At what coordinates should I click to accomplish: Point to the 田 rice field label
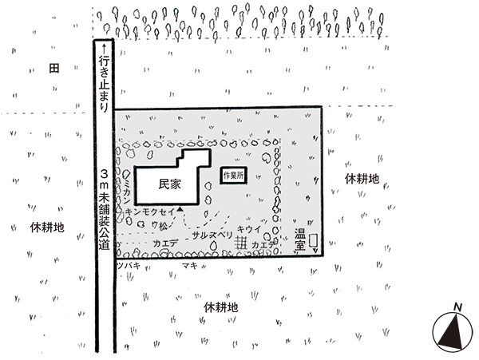point(53,68)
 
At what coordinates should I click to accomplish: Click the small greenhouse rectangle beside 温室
point(314,241)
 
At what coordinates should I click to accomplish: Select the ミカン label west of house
point(127,189)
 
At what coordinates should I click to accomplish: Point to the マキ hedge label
point(189,264)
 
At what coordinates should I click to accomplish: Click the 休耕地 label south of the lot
point(220,307)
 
